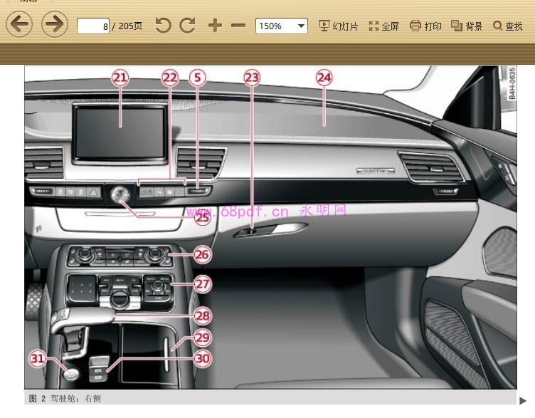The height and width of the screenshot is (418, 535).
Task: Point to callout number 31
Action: (x=38, y=358)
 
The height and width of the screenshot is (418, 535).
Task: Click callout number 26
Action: (x=203, y=254)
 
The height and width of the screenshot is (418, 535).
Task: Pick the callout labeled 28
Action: (x=203, y=315)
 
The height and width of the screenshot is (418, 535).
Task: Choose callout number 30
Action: (x=203, y=359)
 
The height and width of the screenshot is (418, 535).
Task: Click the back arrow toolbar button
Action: (x=19, y=26)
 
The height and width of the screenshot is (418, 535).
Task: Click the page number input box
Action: (x=93, y=26)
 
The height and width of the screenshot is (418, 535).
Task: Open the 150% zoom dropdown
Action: (x=281, y=26)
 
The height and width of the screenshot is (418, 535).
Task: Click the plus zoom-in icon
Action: (x=215, y=26)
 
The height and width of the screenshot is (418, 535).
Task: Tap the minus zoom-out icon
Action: (x=238, y=26)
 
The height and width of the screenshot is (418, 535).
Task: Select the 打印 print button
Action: (x=425, y=26)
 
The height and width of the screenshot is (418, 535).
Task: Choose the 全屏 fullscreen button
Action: (x=383, y=26)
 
